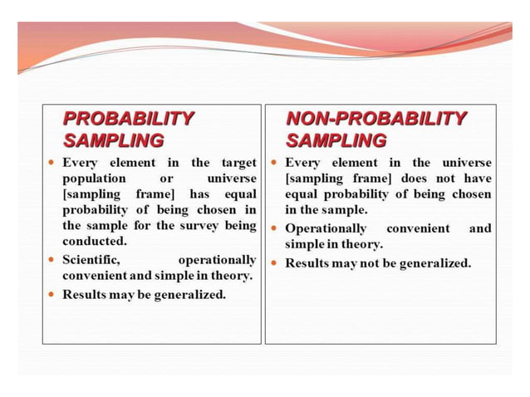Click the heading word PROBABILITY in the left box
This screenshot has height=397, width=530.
tap(129, 118)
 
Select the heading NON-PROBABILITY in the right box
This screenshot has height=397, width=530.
tap(375, 118)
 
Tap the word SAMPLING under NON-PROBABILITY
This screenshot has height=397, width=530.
tap(336, 140)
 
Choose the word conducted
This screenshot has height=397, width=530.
tap(94, 241)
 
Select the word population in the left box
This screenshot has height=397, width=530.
tap(95, 178)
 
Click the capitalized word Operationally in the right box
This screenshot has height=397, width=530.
tap(326, 228)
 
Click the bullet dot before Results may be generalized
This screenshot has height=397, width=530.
tap(52, 294)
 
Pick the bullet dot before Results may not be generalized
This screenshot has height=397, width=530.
tap(273, 263)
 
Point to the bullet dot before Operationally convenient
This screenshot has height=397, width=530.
tap(273, 228)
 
